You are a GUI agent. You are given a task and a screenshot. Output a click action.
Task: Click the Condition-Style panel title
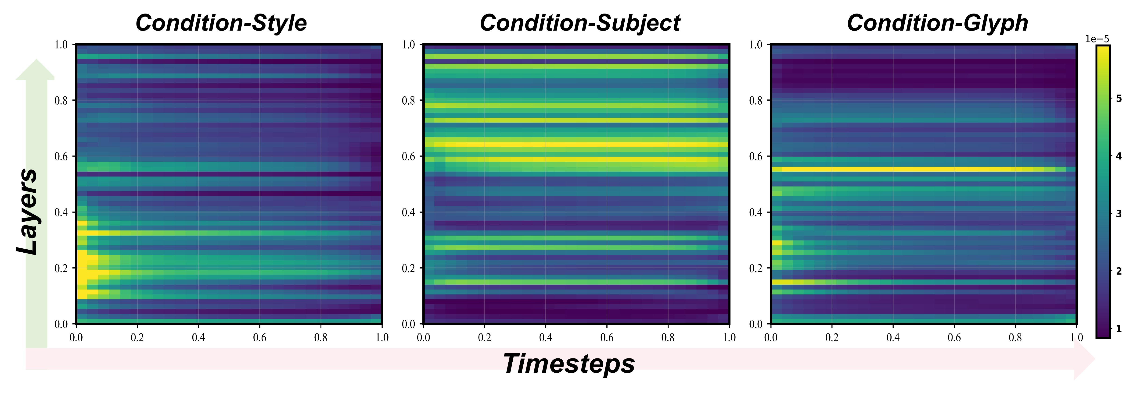pyautogui.click(x=221, y=23)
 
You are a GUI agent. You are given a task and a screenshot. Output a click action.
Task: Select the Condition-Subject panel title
pyautogui.click(x=580, y=23)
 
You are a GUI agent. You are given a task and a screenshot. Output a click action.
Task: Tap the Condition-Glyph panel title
pyautogui.click(x=938, y=23)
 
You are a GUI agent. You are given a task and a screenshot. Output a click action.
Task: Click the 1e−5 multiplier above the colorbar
pyautogui.click(x=1097, y=39)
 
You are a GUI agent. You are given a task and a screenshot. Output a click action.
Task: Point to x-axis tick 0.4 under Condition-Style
pyautogui.click(x=198, y=337)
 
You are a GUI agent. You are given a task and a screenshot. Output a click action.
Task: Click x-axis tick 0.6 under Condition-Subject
pyautogui.click(x=607, y=337)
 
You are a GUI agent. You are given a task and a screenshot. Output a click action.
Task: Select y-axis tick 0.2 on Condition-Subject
pyautogui.click(x=409, y=268)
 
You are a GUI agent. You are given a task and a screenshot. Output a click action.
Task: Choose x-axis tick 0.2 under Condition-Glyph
pyautogui.click(x=832, y=337)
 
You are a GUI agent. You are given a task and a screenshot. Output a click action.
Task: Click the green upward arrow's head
pyautogui.click(x=35, y=70)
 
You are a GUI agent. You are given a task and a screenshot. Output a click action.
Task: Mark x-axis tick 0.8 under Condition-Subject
pyautogui.click(x=668, y=337)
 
